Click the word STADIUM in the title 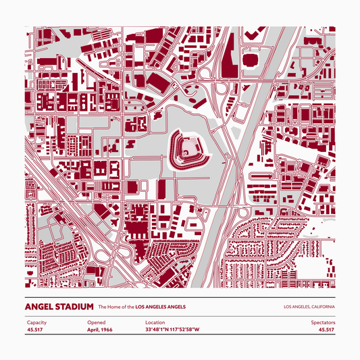(75, 307)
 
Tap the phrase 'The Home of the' (116, 307)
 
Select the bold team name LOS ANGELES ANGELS (161, 307)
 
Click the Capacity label (36, 323)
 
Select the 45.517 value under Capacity (35, 330)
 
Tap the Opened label (96, 323)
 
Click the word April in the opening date (94, 330)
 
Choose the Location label (155, 323)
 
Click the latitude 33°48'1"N (157, 330)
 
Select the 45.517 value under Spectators (326, 330)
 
